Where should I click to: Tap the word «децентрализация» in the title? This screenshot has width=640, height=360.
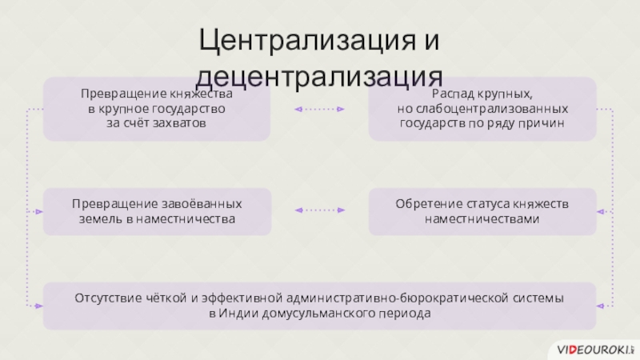pos(320,78)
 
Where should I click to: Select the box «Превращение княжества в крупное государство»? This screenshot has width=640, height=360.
pos(157,109)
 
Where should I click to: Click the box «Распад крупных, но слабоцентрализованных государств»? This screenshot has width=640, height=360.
pos(482,109)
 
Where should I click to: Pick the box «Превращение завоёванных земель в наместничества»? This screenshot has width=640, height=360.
pos(157,211)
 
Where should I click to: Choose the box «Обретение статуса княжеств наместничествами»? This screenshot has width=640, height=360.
pos(482,211)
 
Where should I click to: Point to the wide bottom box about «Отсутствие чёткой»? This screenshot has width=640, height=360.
pos(320,306)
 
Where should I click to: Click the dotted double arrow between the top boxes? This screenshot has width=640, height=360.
pos(319,109)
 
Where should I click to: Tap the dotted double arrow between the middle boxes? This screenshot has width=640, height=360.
pos(319,210)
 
